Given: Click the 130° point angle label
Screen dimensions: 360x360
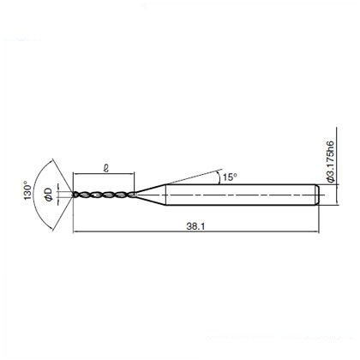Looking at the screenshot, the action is click(27, 190).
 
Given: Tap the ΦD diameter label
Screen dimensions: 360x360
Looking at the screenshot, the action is click(49, 195).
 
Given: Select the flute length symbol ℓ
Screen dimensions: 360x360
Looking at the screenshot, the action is click(106, 168).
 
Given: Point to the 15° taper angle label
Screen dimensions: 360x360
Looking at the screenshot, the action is click(230, 177).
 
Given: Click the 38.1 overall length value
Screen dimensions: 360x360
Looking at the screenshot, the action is click(195, 226).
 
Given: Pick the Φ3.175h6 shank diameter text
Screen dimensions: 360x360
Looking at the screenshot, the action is click(330, 161).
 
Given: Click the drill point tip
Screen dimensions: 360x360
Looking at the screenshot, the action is click(73, 195).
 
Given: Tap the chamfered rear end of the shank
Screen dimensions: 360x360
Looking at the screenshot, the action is click(317, 195).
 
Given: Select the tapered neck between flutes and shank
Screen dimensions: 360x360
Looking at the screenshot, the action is click(150, 195).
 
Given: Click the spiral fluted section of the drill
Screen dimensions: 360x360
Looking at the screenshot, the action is click(104, 195).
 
